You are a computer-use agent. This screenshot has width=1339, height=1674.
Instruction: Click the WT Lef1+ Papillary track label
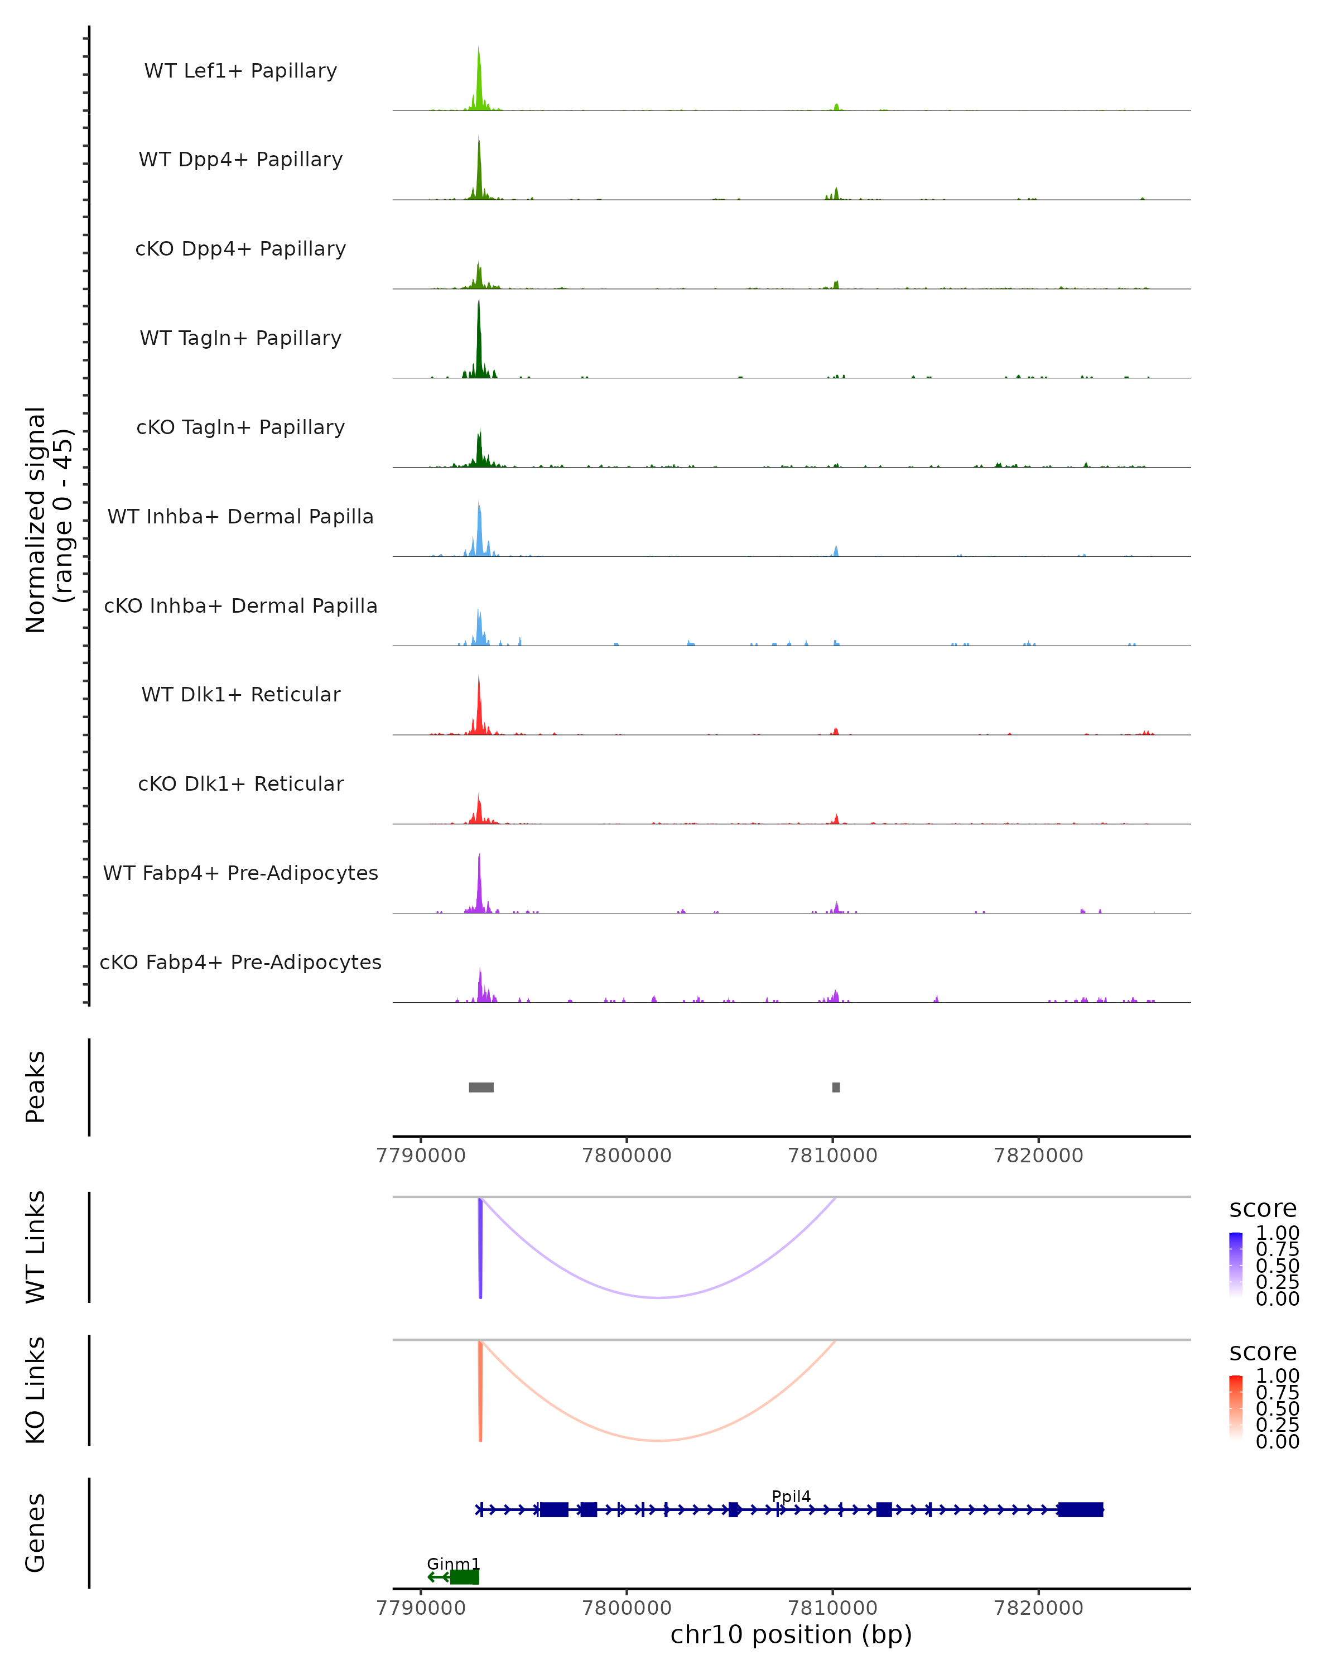[x=240, y=71]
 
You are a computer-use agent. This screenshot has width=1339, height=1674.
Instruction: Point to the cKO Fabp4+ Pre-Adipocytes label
[x=240, y=962]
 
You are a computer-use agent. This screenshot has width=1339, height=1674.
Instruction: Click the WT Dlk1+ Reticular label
[x=240, y=694]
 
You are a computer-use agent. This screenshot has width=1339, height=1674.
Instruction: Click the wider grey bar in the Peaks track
[x=481, y=1087]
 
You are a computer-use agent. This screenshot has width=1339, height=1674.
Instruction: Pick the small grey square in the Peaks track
[x=836, y=1087]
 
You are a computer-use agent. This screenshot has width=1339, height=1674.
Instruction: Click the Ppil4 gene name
[x=791, y=1496]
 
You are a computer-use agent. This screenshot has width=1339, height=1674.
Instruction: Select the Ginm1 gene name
[x=454, y=1564]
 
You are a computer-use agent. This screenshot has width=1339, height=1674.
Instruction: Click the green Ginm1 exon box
[x=465, y=1577]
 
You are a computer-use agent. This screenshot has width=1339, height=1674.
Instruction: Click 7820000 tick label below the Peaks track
[x=1039, y=1156]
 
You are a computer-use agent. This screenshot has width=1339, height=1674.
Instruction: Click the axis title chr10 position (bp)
[x=791, y=1634]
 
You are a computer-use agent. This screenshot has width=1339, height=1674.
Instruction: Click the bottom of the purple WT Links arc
[x=658, y=1297]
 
